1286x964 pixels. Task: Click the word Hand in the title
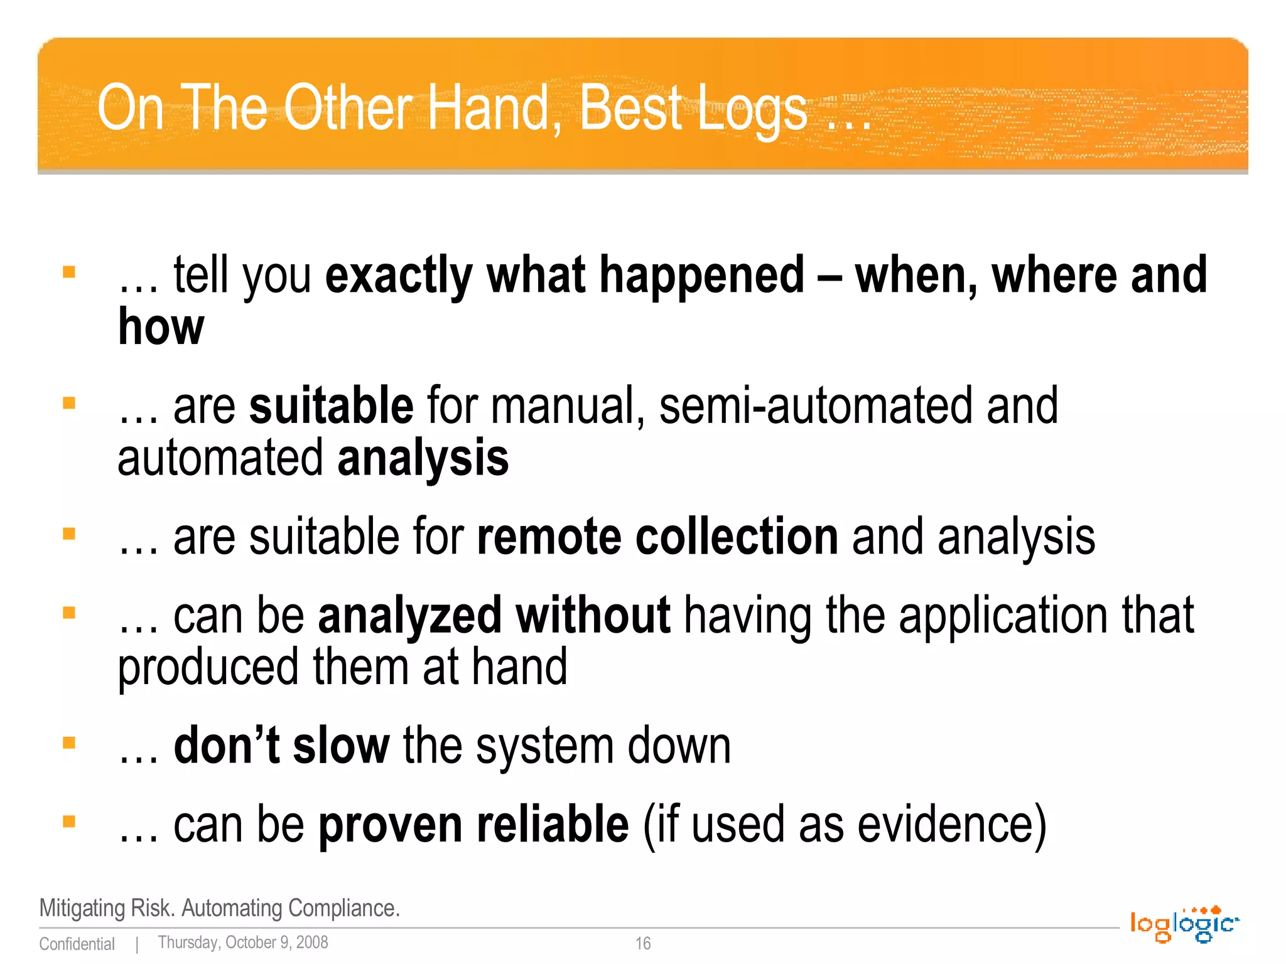[494, 108]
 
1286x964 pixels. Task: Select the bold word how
[161, 328]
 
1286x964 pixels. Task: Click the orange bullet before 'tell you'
[69, 272]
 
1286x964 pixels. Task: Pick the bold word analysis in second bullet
[423, 459]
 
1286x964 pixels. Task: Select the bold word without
[593, 616]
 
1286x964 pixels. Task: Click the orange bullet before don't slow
[69, 743]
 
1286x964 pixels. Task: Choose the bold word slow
[341, 746]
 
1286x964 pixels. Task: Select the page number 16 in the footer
[642, 943]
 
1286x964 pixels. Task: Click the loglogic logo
[1184, 924]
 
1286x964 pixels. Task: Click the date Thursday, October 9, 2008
[243, 943]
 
